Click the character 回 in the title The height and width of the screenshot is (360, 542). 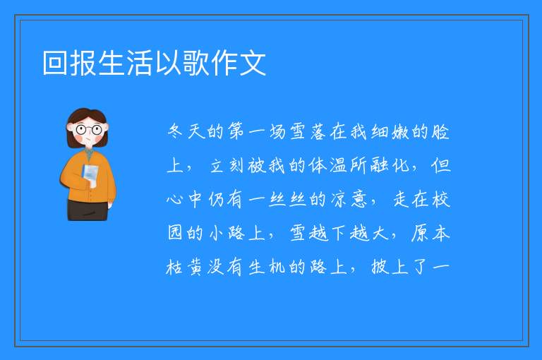[55, 63]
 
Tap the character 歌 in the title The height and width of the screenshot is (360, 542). [196, 63]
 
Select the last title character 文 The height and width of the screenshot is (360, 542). [253, 63]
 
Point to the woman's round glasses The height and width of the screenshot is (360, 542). [88, 130]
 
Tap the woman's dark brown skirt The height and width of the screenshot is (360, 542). [88, 210]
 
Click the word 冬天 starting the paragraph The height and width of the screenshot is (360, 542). [186, 131]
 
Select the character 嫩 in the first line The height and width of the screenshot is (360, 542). [400, 131]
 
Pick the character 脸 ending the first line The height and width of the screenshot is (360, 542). [440, 131]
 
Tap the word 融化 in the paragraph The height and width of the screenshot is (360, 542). [390, 165]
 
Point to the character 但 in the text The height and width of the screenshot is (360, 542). [441, 165]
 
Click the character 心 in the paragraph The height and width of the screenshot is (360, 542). [175, 199]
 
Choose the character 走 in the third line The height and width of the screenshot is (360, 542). [401, 199]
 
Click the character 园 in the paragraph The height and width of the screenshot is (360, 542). [175, 233]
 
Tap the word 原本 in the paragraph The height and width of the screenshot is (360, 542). [430, 233]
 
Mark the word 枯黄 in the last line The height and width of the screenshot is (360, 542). [185, 267]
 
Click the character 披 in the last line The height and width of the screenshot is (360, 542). [380, 267]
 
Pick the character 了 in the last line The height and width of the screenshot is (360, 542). [421, 267]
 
